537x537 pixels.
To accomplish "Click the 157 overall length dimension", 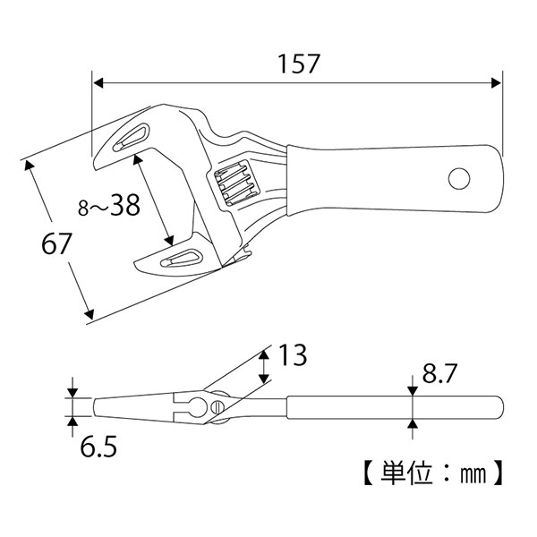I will coord(294,64).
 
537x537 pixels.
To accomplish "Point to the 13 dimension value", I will coord(292,355).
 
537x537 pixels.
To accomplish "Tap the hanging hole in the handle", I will coord(459,178).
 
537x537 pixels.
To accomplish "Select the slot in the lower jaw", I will coord(179,259).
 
